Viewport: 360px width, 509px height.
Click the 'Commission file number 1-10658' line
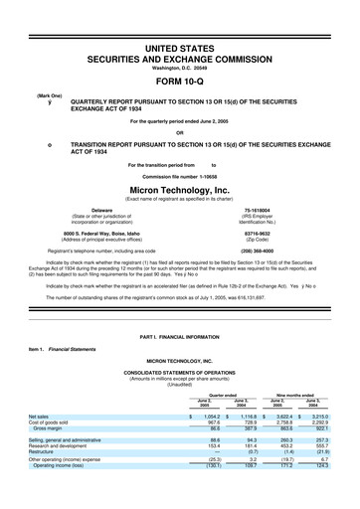[180, 173]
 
